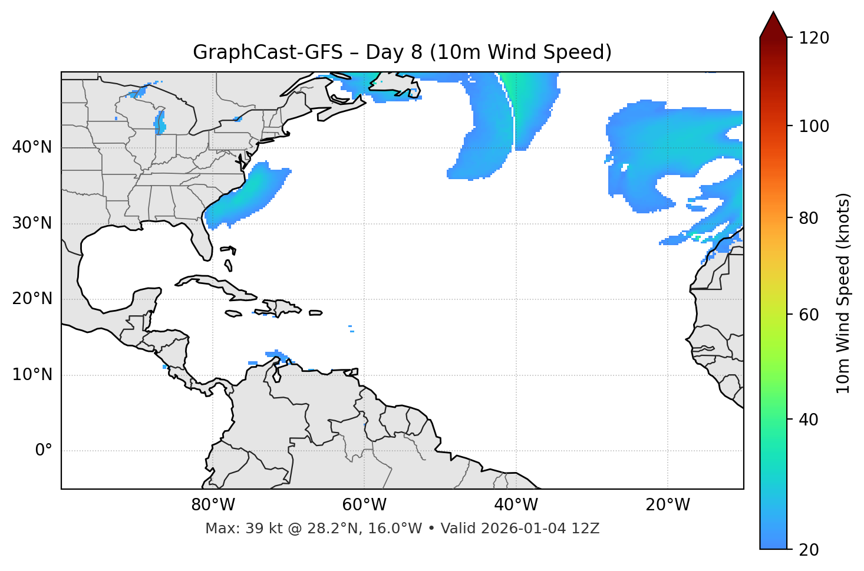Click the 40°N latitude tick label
point(32,147)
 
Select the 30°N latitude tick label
point(32,223)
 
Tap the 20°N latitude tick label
point(32,299)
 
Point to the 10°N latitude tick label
point(32,375)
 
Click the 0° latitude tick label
point(44,451)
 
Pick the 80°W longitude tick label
point(213,505)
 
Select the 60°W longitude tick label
point(364,505)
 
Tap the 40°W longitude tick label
point(516,505)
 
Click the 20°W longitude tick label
point(667,505)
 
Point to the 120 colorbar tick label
point(813,38)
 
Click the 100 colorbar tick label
point(813,126)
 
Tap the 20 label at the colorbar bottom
point(809,550)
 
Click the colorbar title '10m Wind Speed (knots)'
point(843,293)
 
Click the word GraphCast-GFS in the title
point(268,52)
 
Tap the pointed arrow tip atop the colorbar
point(773,14)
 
